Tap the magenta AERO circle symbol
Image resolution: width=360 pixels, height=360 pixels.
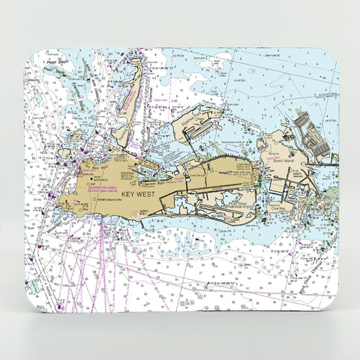[135, 215]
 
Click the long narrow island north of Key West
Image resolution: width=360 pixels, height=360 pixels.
[130, 97]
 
